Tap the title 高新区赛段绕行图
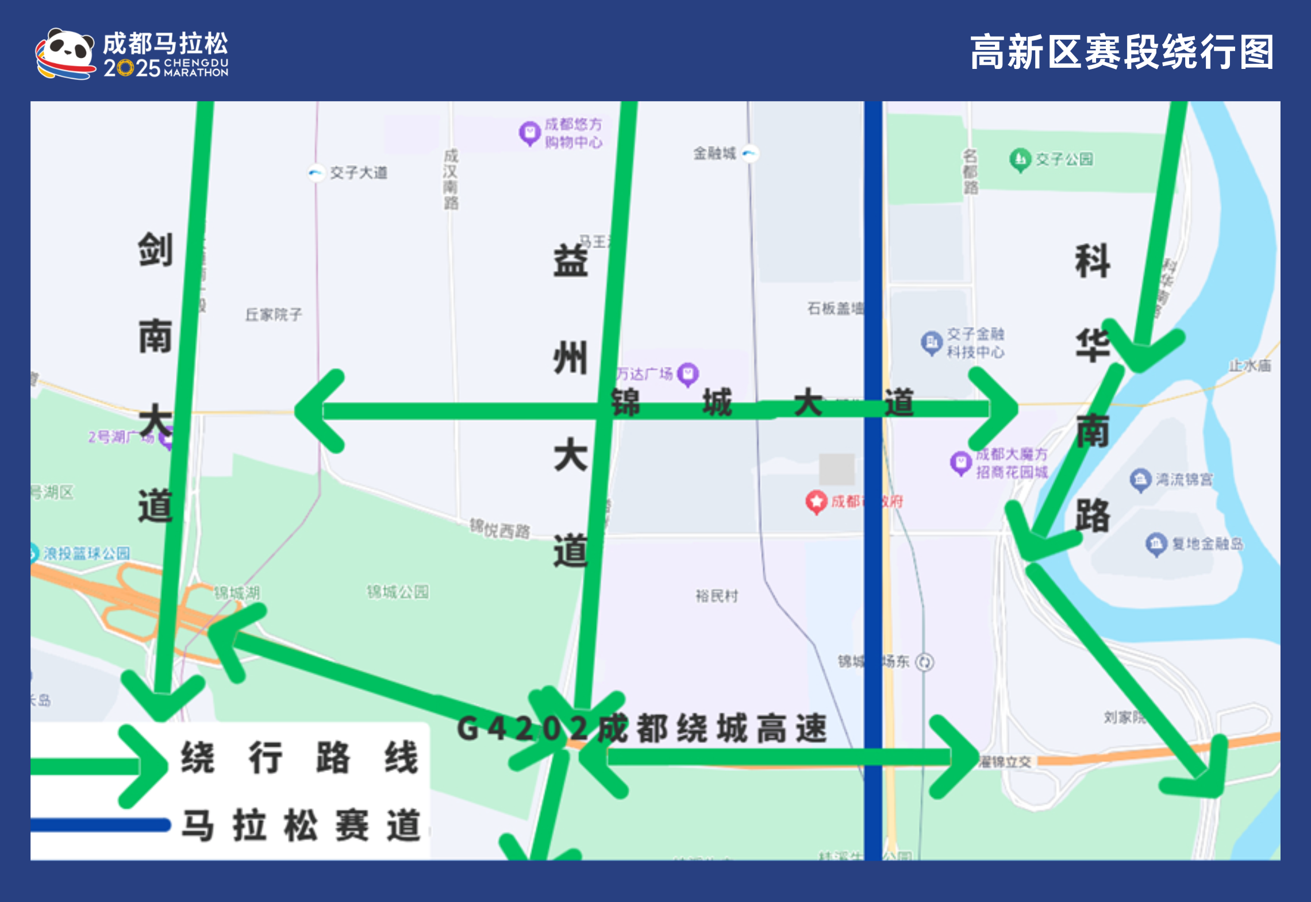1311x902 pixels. pyautogui.click(x=1121, y=52)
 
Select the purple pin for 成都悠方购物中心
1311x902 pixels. pyautogui.click(x=529, y=133)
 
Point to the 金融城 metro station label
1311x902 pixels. pyautogui.click(x=714, y=153)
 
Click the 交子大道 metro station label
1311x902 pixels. pyautogui.click(x=358, y=172)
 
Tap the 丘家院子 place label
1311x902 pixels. pyautogui.click(x=273, y=314)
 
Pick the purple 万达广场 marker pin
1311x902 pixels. pyautogui.click(x=687, y=374)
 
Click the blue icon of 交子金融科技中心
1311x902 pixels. pyautogui.click(x=931, y=342)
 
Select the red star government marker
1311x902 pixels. pyautogui.click(x=816, y=502)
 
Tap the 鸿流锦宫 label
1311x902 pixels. pyautogui.click(x=1184, y=479)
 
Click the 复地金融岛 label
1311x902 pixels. pyautogui.click(x=1207, y=543)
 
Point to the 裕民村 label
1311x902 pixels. pyautogui.click(x=716, y=596)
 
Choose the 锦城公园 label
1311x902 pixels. pyautogui.click(x=398, y=592)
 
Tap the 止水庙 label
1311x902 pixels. pyautogui.click(x=1250, y=365)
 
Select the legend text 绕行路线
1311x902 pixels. pyautogui.click(x=299, y=757)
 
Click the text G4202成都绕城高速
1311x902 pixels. pyautogui.click(x=641, y=728)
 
